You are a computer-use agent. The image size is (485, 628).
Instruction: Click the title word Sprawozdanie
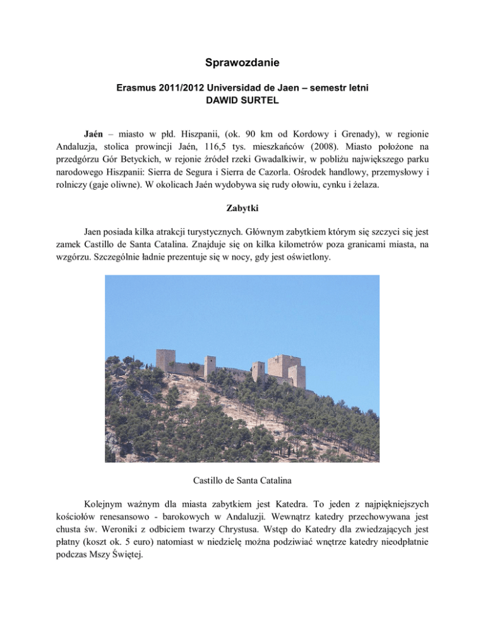pos(242,63)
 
